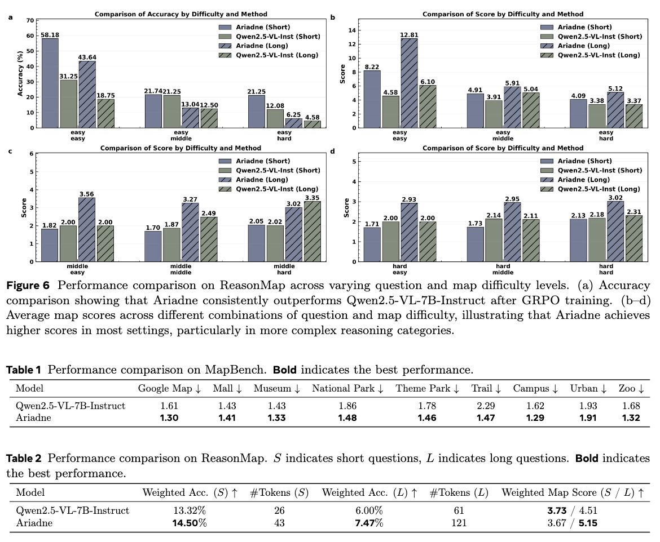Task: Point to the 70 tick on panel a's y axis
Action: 30,20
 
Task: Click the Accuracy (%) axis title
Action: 21,73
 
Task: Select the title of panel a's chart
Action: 181,14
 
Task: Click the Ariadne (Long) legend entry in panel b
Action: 583,46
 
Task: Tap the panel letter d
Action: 333,152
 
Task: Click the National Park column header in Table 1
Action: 347,389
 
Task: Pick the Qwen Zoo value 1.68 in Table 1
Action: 631,406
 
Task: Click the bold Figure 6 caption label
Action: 26,286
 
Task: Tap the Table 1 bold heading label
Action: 24,370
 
